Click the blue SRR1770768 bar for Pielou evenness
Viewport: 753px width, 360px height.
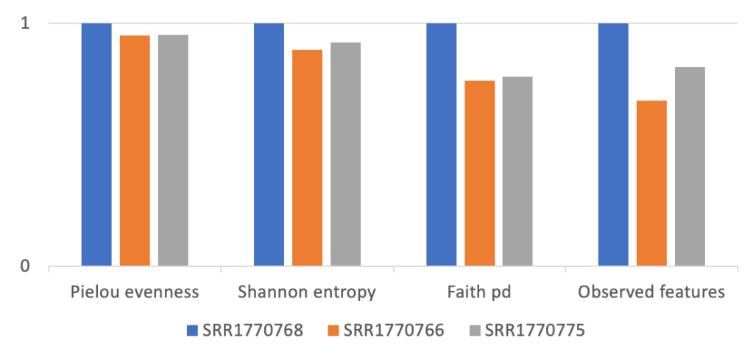point(96,144)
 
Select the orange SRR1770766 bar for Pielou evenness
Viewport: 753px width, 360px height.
point(135,150)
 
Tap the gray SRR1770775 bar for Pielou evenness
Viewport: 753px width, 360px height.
point(173,150)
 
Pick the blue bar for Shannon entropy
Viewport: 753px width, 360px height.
point(269,144)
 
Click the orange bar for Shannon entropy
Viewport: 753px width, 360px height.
point(307,158)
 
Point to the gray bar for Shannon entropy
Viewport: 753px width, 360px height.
point(345,154)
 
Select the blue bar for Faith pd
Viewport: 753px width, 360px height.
point(442,144)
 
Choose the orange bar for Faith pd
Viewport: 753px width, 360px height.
point(480,173)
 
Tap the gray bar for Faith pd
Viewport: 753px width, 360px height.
point(517,171)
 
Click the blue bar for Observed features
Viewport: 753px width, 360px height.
point(613,144)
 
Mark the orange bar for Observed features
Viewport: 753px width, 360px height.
point(651,183)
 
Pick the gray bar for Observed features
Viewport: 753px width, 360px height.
point(690,166)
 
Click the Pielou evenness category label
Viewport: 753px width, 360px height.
point(135,292)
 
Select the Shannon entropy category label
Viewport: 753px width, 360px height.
point(307,292)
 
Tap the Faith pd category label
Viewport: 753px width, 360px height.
point(480,292)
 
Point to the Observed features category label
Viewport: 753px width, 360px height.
point(651,292)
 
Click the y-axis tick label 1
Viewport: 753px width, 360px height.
point(25,23)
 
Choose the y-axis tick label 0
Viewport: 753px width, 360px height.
point(25,266)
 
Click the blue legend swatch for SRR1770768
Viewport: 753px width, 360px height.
point(193,331)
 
